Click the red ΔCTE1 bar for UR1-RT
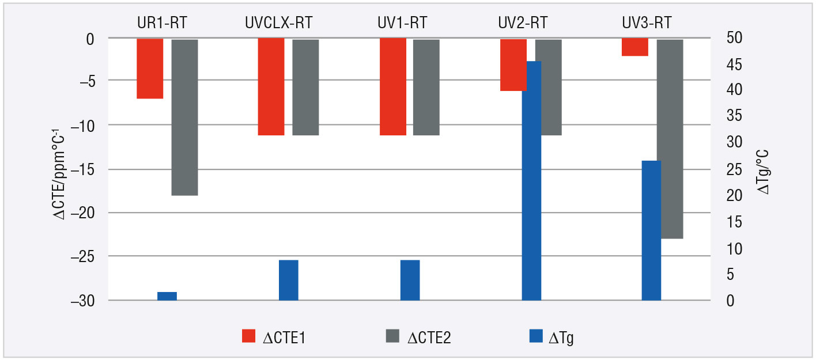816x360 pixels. point(150,68)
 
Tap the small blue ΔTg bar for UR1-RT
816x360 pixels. point(167,296)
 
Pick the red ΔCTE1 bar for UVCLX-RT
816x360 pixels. point(271,86)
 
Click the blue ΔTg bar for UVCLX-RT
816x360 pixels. point(288,280)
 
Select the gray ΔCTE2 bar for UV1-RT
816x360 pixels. point(426,87)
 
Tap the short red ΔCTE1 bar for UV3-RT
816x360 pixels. point(634,47)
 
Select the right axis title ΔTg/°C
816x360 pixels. point(765,171)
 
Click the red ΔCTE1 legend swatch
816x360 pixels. point(248,337)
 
